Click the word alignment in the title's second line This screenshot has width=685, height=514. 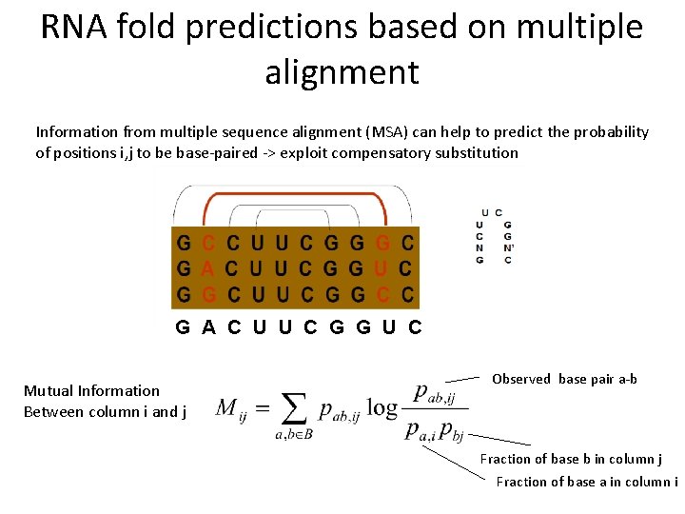coord(342,71)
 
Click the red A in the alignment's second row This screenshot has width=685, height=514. coord(207,268)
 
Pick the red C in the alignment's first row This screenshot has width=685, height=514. coord(207,244)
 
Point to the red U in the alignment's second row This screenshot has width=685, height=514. coord(383,268)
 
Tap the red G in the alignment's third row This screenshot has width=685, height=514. coord(207,294)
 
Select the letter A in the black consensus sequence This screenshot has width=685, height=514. coord(207,328)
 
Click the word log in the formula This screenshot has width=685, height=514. coord(382,409)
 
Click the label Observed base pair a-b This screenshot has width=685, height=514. coord(564,379)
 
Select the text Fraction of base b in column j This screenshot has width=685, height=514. coord(571,459)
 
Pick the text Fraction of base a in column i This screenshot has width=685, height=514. coord(586,482)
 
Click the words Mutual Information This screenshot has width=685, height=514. coord(91,390)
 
